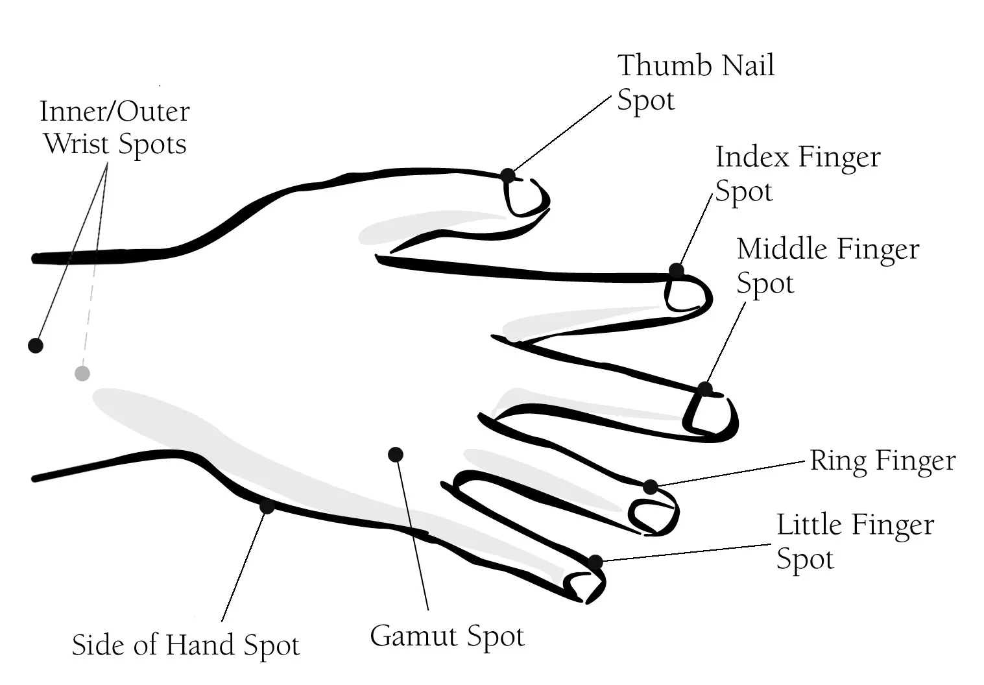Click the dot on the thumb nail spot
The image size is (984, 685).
pyautogui.click(x=508, y=175)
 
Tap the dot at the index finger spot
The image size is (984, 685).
pyautogui.click(x=677, y=270)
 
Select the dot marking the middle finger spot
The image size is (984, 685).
pyautogui.click(x=705, y=389)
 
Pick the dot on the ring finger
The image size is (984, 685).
pyautogui.click(x=650, y=487)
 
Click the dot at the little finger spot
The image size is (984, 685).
pyautogui.click(x=595, y=562)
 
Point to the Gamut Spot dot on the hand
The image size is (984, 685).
pyautogui.click(x=396, y=454)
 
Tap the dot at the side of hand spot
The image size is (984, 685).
pyautogui.click(x=267, y=507)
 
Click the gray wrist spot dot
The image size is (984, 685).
pyautogui.click(x=82, y=373)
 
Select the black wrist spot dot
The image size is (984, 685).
pyautogui.click(x=36, y=345)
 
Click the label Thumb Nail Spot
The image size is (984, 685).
pyautogui.click(x=695, y=82)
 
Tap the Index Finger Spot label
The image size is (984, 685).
pyautogui.click(x=797, y=174)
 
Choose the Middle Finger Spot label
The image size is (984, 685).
pyautogui.click(x=828, y=266)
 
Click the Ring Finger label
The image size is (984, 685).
pyautogui.click(x=882, y=461)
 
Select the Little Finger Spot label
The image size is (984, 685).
pyautogui.click(x=855, y=542)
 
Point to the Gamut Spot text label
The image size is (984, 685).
pyautogui.click(x=447, y=636)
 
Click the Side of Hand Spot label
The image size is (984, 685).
pyautogui.click(x=186, y=645)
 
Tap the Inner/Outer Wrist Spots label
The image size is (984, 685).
pyautogui.click(x=115, y=127)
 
